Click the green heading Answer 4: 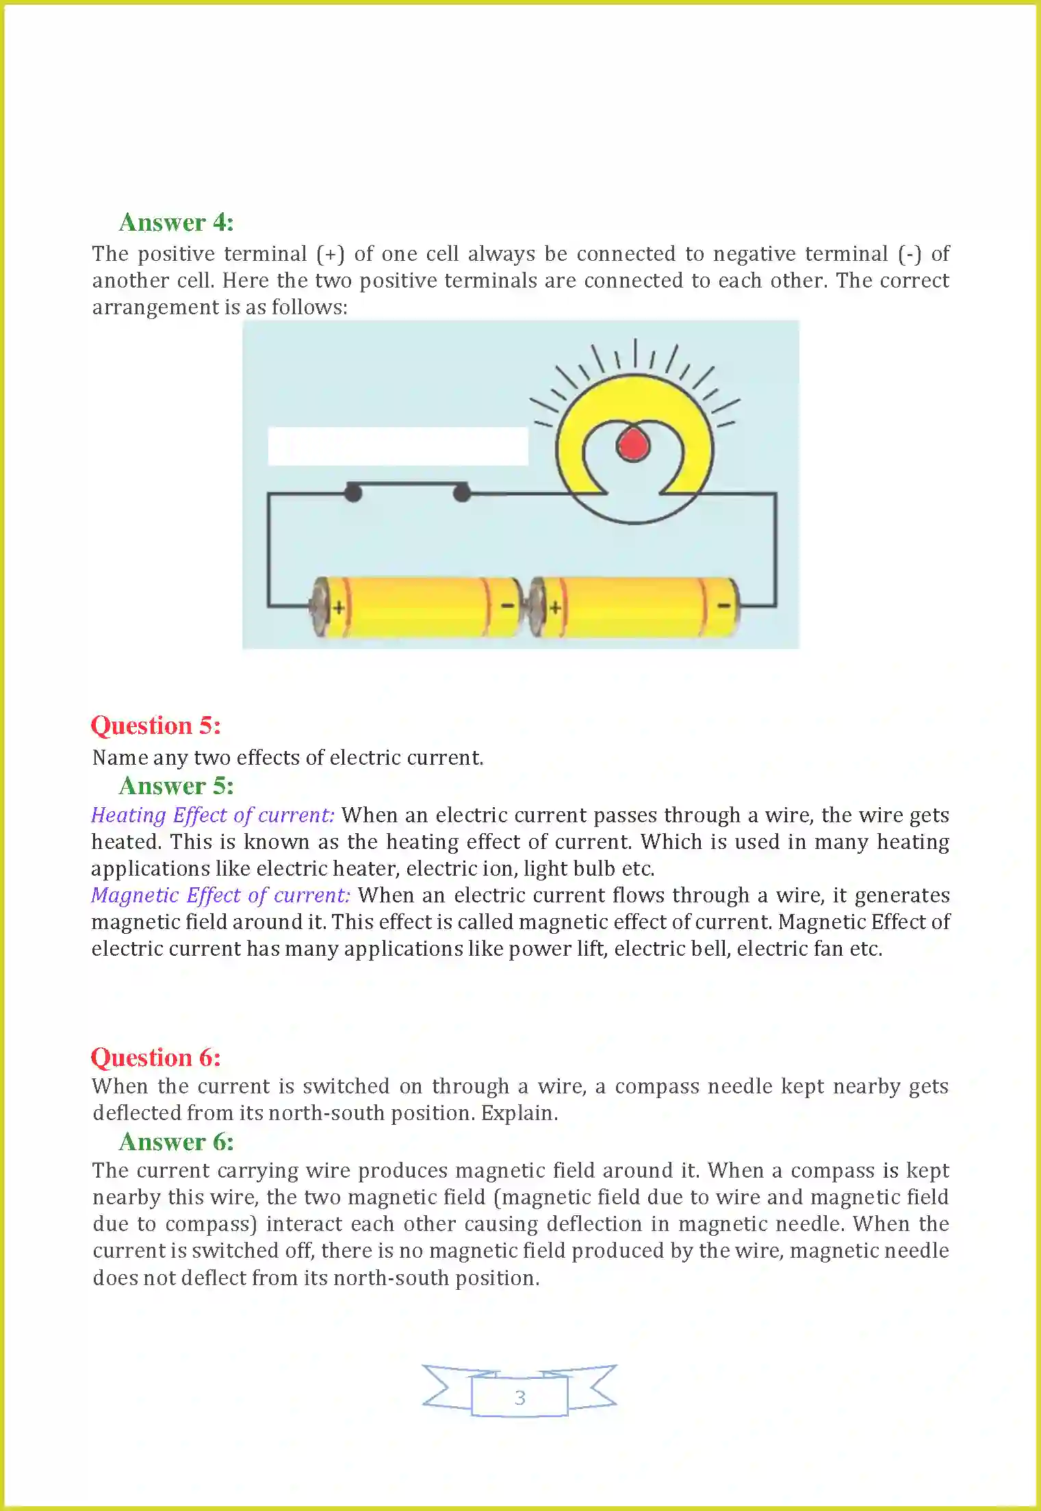pyautogui.click(x=176, y=223)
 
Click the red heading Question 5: pyautogui.click(x=156, y=726)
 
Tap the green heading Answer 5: pyautogui.click(x=176, y=786)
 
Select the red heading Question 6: pyautogui.click(x=156, y=1058)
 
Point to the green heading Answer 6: pyautogui.click(x=176, y=1142)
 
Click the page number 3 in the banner pyautogui.click(x=519, y=1398)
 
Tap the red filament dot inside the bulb pyautogui.click(x=633, y=444)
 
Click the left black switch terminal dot pyautogui.click(x=352, y=492)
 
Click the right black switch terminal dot pyautogui.click(x=462, y=492)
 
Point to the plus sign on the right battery pyautogui.click(x=555, y=607)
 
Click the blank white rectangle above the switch pyautogui.click(x=398, y=446)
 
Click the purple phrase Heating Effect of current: pyautogui.click(x=213, y=815)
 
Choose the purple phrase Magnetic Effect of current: pyautogui.click(x=220, y=896)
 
